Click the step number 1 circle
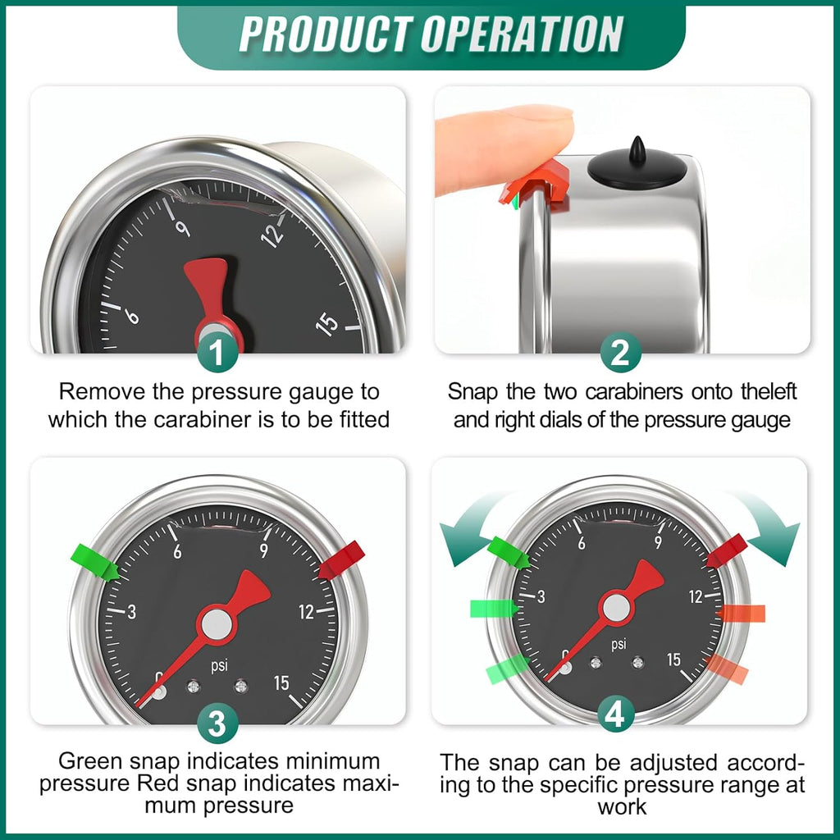[x=217, y=354]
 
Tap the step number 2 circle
[x=620, y=354]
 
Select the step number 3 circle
[x=217, y=724]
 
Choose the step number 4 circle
[x=615, y=714]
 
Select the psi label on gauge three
[x=219, y=666]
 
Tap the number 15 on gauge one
[x=328, y=324]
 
